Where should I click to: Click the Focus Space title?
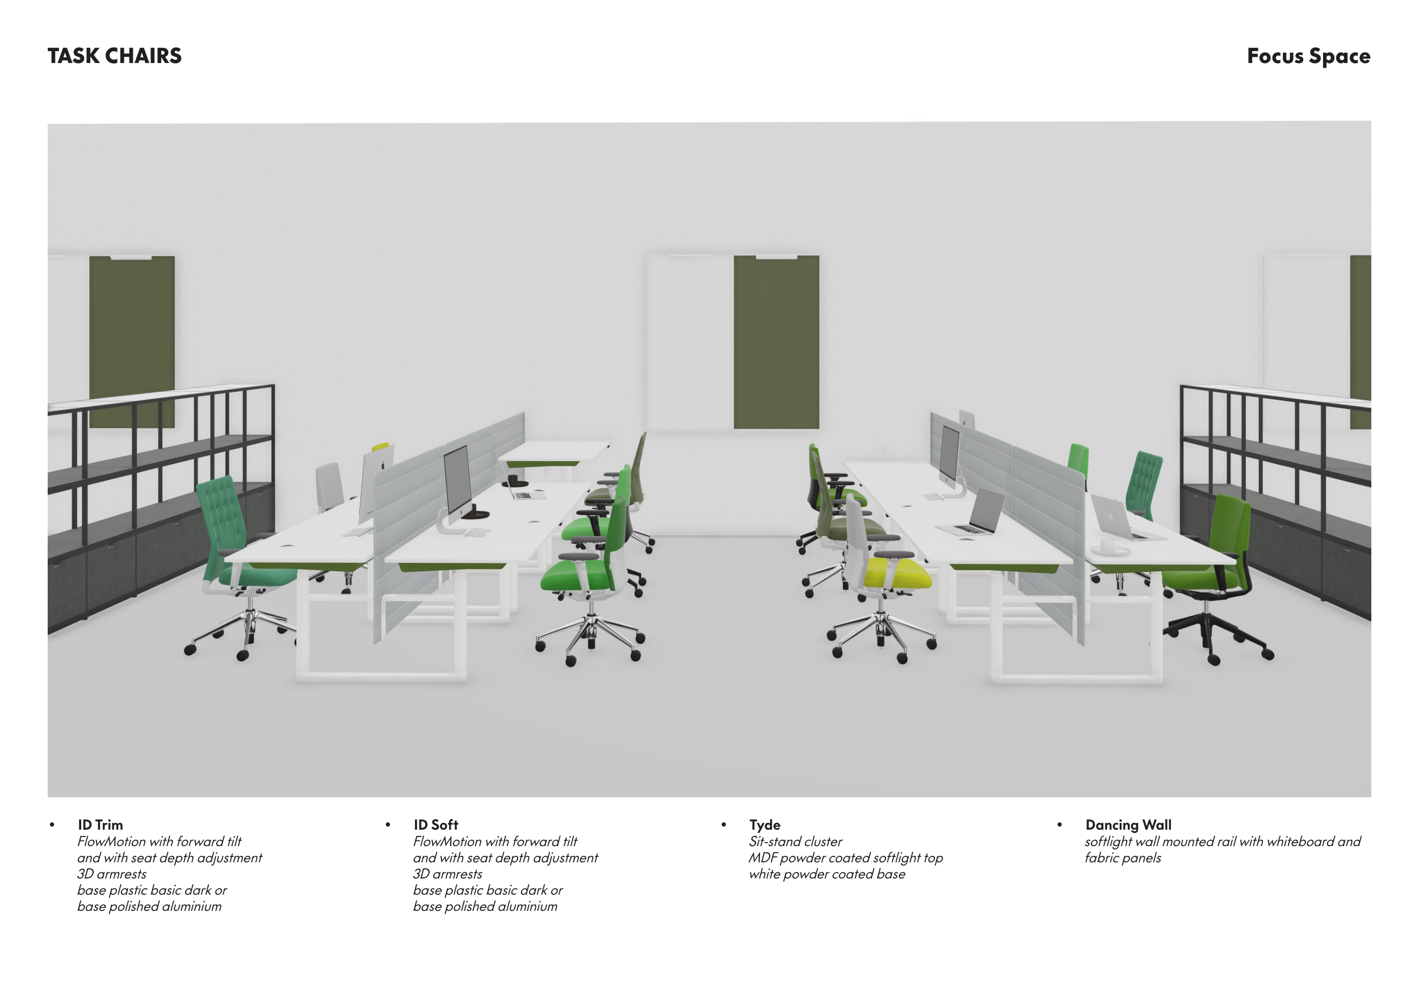click(x=1308, y=56)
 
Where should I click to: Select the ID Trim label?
click(x=100, y=825)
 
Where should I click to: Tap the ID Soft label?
click(x=436, y=825)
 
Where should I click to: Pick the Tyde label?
click(x=765, y=825)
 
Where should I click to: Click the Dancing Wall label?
click(x=1128, y=825)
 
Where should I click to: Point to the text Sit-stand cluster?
click(x=795, y=842)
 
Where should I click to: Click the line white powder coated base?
click(x=827, y=874)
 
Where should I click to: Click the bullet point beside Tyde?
click(x=724, y=825)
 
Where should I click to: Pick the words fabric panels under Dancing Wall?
click(x=1122, y=858)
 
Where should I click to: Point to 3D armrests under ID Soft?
click(x=447, y=874)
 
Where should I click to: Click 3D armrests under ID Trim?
click(x=112, y=874)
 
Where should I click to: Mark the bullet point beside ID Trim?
click(x=52, y=825)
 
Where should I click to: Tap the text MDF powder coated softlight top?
click(x=846, y=858)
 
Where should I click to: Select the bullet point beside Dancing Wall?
click(x=1059, y=825)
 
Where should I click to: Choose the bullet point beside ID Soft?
click(x=388, y=825)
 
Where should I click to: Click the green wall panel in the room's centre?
click(x=776, y=342)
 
